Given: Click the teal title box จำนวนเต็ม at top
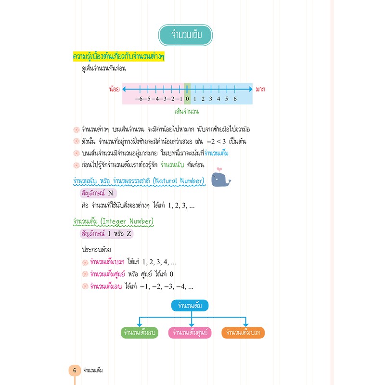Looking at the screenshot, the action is (x=185, y=35).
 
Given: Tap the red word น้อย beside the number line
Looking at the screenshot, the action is (x=114, y=89).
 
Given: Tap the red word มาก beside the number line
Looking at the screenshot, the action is (x=260, y=89).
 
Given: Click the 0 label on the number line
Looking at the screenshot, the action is (x=187, y=99).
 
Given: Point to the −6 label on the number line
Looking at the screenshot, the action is (x=139, y=99).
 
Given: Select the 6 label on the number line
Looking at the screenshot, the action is (x=235, y=99).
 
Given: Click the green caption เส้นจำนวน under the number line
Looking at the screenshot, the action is (x=187, y=112).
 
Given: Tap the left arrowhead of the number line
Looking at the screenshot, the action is (x=124, y=89).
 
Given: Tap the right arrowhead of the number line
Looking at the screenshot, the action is (x=251, y=89).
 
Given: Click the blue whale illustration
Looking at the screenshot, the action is (x=220, y=180).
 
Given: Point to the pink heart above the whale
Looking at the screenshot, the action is (x=219, y=169).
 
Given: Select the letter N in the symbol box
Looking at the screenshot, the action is (x=111, y=193).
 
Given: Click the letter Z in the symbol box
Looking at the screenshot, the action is (x=129, y=233).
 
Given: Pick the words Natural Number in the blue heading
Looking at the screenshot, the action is (x=178, y=181).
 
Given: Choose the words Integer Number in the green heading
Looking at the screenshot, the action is (x=127, y=221).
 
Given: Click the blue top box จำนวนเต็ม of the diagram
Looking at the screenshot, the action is (x=190, y=306).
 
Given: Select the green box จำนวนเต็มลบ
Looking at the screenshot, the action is (x=140, y=333).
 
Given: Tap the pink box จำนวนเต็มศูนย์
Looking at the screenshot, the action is (x=190, y=333).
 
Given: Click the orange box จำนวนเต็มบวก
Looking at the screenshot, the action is (x=243, y=333).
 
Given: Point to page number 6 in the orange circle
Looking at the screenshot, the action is (x=75, y=370).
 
